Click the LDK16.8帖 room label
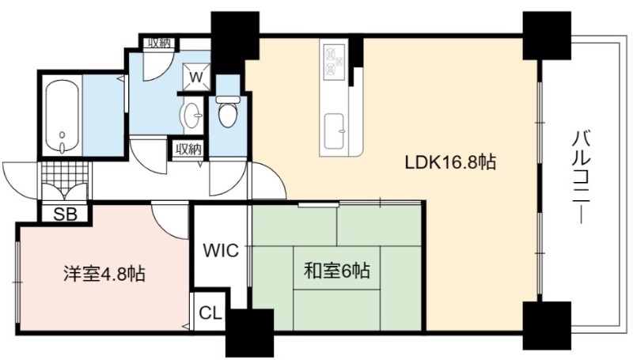click(x=450, y=163)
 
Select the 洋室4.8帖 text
click(x=104, y=275)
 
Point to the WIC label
click(x=221, y=251)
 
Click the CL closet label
click(x=210, y=313)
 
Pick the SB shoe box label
click(x=66, y=214)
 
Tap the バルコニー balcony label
click(x=582, y=176)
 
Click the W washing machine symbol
click(x=196, y=76)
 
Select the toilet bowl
click(x=227, y=112)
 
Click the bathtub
click(x=62, y=118)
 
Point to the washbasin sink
click(x=193, y=115)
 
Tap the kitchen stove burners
click(x=335, y=61)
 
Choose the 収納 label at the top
click(x=159, y=43)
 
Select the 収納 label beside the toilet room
click(x=188, y=150)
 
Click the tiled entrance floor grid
click(x=65, y=172)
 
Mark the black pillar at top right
click(x=547, y=35)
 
